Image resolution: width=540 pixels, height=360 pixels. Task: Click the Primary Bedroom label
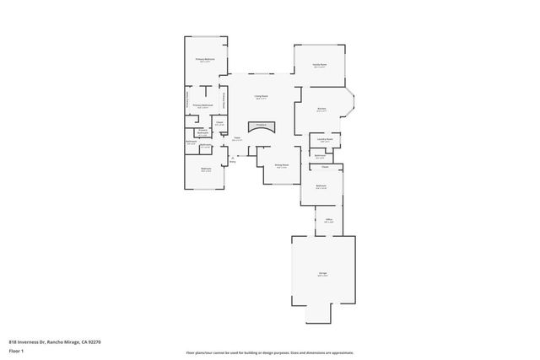click(x=205, y=60)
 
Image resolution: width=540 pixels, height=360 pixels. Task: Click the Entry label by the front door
click(x=232, y=160)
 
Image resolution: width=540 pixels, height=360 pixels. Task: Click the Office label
click(x=329, y=221)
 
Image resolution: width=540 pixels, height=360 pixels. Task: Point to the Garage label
click(x=322, y=274)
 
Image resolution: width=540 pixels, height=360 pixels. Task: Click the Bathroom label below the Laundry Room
click(x=321, y=156)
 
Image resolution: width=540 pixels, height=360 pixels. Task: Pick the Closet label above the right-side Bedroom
click(x=324, y=168)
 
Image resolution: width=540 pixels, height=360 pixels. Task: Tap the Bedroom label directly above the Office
click(x=321, y=186)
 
